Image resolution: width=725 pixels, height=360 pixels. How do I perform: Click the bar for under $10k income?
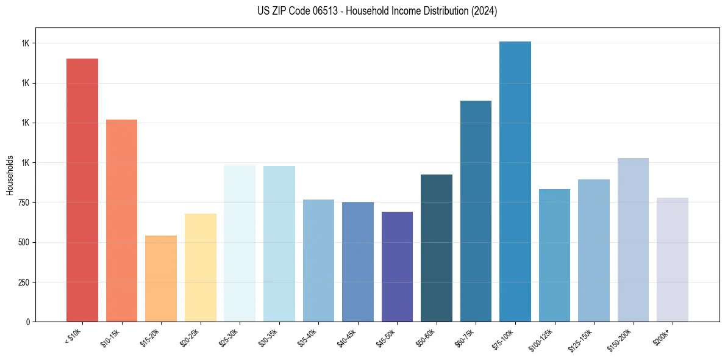(82, 190)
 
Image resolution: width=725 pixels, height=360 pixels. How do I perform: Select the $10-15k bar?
(121, 220)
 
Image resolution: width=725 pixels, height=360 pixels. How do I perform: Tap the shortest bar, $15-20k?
(161, 278)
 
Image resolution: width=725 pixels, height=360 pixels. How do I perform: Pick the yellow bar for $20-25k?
(200, 267)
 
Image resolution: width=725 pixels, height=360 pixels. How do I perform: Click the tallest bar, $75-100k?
(515, 181)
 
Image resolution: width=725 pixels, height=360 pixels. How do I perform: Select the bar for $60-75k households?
(476, 211)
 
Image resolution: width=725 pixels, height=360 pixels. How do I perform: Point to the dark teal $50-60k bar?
(437, 248)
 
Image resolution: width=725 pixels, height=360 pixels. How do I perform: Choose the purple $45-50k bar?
(397, 267)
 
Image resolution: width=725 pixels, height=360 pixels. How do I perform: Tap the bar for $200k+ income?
(673, 259)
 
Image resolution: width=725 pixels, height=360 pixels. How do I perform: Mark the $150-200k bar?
(633, 240)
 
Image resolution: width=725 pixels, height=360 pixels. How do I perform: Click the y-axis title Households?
(10, 175)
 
